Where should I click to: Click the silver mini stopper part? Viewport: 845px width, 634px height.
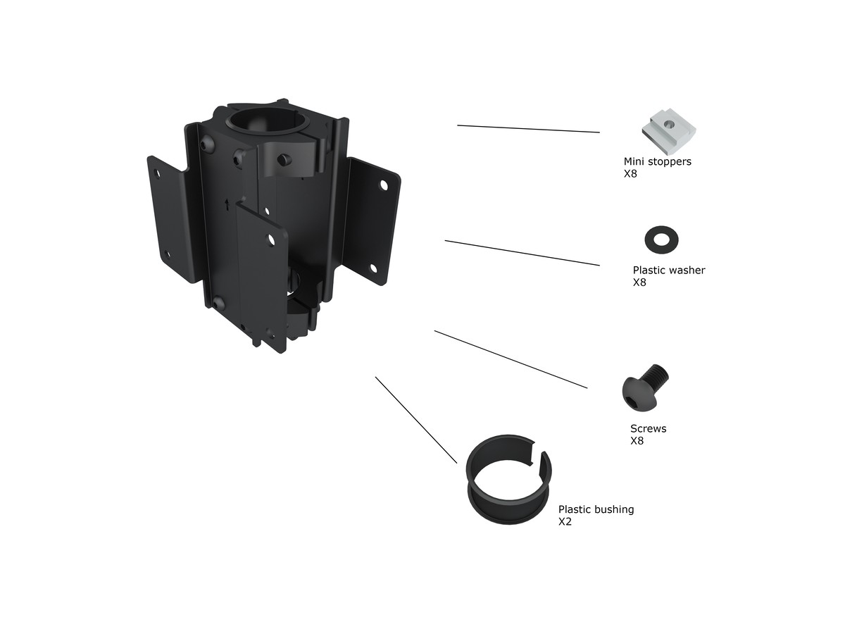pyautogui.click(x=669, y=132)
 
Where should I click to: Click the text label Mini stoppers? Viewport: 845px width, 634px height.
pyautogui.click(x=657, y=161)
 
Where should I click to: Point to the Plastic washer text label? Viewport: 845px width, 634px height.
pyautogui.click(x=668, y=270)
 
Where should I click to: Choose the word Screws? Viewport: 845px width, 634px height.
pyautogui.click(x=648, y=428)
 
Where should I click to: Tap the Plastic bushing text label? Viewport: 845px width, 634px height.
pyautogui.click(x=596, y=509)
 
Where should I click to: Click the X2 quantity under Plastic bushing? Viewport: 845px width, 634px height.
pyautogui.click(x=565, y=522)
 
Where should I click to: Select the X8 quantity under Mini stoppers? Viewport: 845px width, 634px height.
pyautogui.click(x=630, y=173)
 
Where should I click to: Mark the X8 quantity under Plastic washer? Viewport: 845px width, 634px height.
pyautogui.click(x=639, y=282)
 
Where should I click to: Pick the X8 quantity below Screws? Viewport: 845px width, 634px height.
pyautogui.click(x=637, y=441)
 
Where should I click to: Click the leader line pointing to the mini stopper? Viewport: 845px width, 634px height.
pyautogui.click(x=528, y=129)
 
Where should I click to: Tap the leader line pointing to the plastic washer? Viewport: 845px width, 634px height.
pyautogui.click(x=522, y=253)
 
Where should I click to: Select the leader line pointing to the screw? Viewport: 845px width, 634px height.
pyautogui.click(x=511, y=359)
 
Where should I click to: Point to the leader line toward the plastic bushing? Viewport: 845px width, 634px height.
pyautogui.click(x=415, y=419)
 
